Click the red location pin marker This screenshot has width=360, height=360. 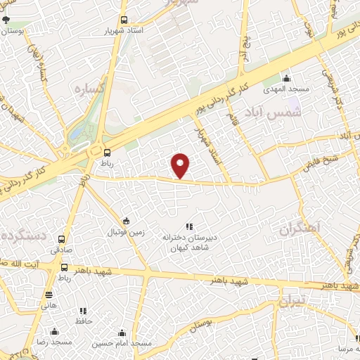pyautogui.click(x=181, y=165)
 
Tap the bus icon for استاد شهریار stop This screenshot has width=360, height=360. pyautogui.click(x=124, y=20)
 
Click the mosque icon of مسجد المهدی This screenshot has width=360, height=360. pyautogui.click(x=286, y=78)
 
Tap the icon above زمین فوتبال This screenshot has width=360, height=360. pyautogui.click(x=125, y=221)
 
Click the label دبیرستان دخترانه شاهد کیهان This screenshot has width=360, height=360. pyautogui.click(x=188, y=243)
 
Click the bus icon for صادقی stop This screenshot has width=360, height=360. pyautogui.click(x=62, y=238)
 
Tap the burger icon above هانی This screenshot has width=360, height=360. pyautogui.click(x=49, y=295)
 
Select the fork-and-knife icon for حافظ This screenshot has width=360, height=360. pyautogui.click(x=83, y=310)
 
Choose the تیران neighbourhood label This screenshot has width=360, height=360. pyautogui.click(x=293, y=302)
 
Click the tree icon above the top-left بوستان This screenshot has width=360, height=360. pyautogui.click(x=8, y=20)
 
